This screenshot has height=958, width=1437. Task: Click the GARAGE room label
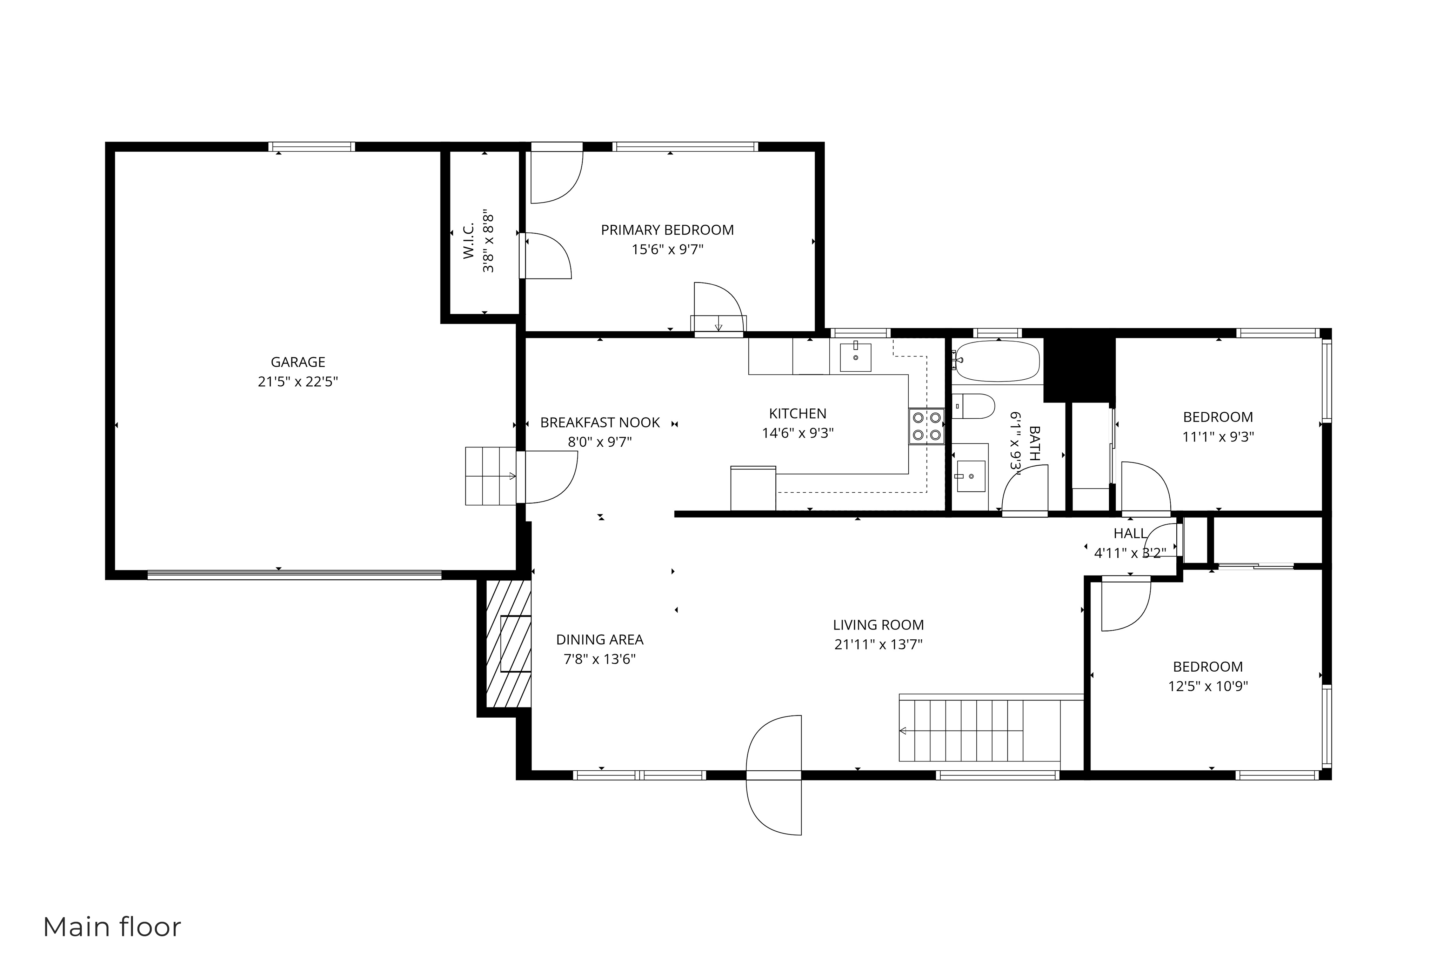click(298, 362)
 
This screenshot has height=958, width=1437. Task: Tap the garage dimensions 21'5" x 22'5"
click(298, 382)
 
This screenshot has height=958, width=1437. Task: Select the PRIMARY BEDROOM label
click(667, 230)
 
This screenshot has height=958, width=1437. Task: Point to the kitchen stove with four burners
click(926, 426)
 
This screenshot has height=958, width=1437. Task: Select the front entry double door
click(773, 775)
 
